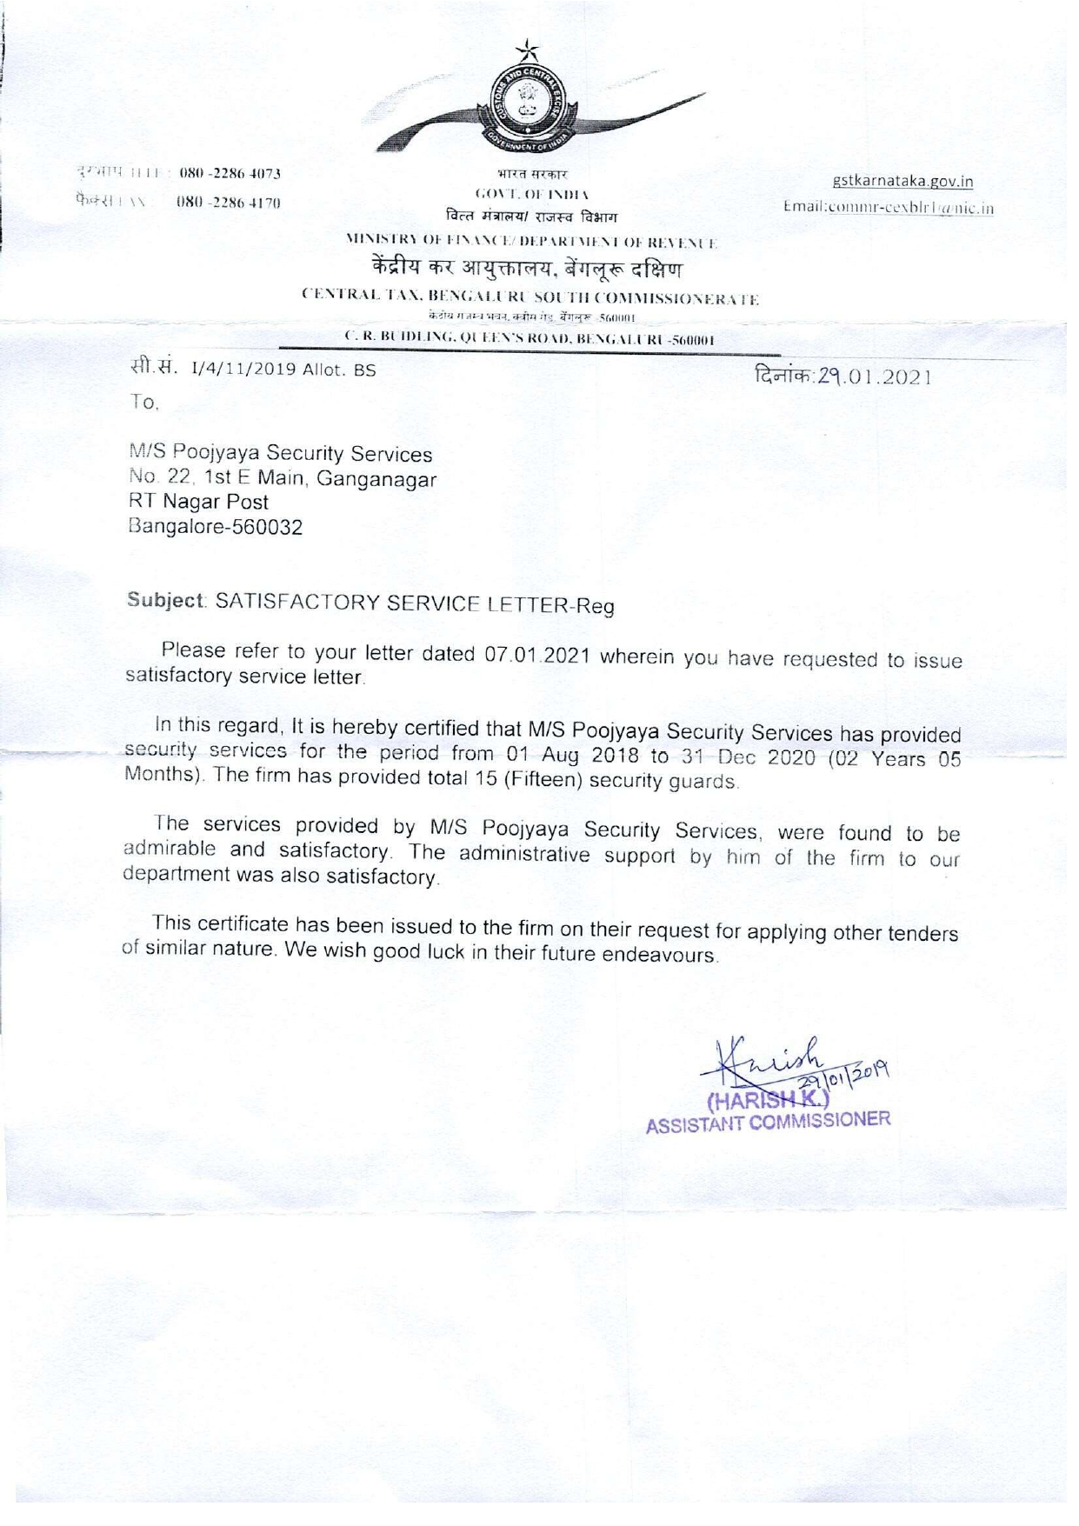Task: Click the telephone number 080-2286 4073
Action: (x=230, y=172)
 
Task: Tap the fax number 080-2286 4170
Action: (x=228, y=203)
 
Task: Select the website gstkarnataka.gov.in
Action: (x=902, y=182)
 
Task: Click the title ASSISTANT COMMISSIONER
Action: (x=769, y=1123)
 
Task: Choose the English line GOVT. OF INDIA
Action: (x=530, y=194)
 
